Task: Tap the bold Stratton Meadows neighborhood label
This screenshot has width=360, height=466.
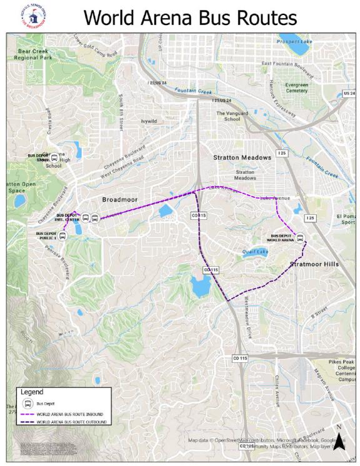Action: [242, 157]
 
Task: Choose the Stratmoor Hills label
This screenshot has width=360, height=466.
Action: [314, 264]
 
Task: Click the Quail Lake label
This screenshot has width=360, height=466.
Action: [254, 252]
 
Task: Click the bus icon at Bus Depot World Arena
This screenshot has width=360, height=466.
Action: [301, 238]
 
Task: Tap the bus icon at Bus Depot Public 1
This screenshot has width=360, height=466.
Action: [62, 235]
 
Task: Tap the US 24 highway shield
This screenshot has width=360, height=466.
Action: [349, 94]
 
